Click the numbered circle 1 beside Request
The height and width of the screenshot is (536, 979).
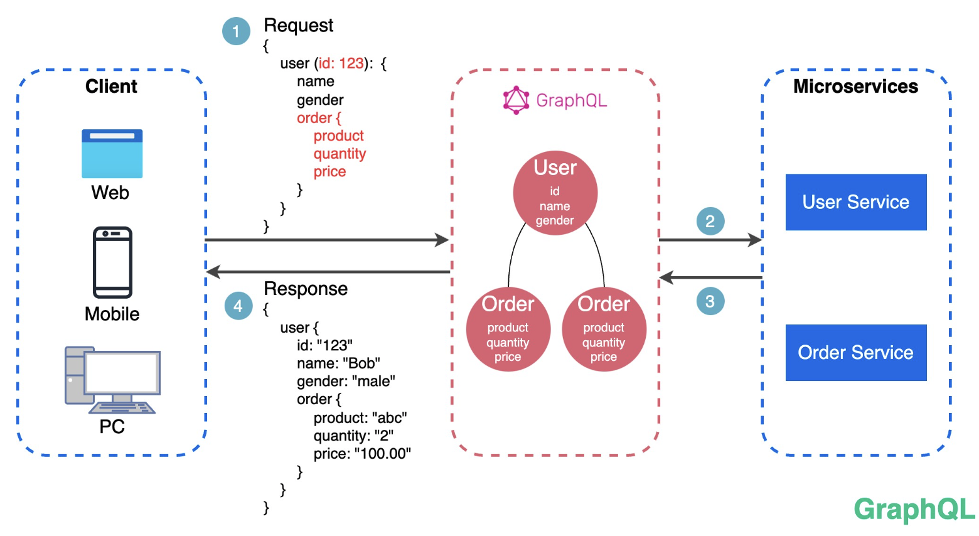click(x=236, y=31)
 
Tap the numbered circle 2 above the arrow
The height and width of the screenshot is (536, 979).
click(x=710, y=221)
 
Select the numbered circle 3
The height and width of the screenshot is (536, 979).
click(x=710, y=301)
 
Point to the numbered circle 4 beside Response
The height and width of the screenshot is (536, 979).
click(x=238, y=306)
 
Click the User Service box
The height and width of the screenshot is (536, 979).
click(x=855, y=202)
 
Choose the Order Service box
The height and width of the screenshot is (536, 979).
click(x=855, y=353)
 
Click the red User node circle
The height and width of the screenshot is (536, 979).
click(x=555, y=193)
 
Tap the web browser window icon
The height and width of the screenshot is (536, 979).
click(x=112, y=154)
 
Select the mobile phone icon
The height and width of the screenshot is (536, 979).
click(x=112, y=262)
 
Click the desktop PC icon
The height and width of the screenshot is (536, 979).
click(x=112, y=380)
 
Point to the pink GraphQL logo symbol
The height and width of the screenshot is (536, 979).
click(x=516, y=100)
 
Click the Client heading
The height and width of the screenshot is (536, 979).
click(x=111, y=86)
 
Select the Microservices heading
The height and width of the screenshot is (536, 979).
click(x=855, y=86)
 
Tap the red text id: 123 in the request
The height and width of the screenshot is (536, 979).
click(x=341, y=63)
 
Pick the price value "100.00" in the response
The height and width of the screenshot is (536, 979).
click(x=382, y=454)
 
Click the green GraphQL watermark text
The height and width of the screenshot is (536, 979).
click(x=914, y=509)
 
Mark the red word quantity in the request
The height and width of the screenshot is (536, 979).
click(x=340, y=154)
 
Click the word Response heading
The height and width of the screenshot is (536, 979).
click(x=306, y=289)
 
